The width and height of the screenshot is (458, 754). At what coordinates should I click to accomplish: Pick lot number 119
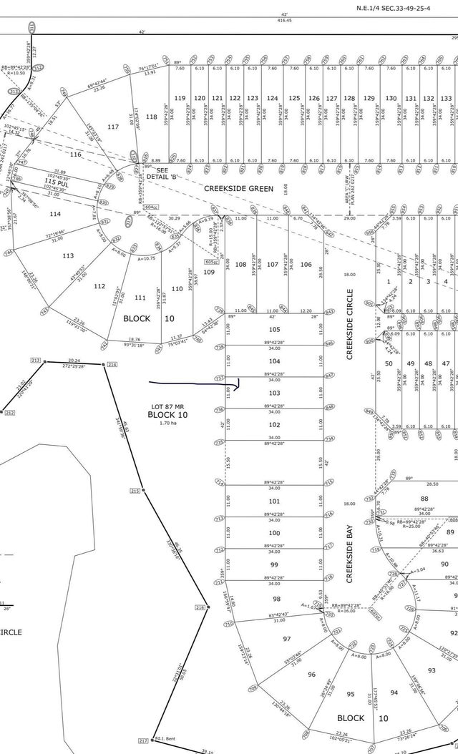pos(180,98)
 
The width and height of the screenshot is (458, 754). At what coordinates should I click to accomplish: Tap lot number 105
pos(274,329)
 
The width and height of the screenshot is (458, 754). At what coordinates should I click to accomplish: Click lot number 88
pos(424,499)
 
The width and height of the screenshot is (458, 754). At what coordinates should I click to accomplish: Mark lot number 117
pos(113,127)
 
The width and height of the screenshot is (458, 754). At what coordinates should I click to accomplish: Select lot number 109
pos(209,272)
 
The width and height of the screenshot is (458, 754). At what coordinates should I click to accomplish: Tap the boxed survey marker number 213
pos(34,360)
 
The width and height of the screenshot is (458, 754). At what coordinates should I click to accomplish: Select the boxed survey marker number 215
pos(135,490)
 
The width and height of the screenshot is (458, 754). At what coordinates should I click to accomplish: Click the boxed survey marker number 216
pos(200,607)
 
